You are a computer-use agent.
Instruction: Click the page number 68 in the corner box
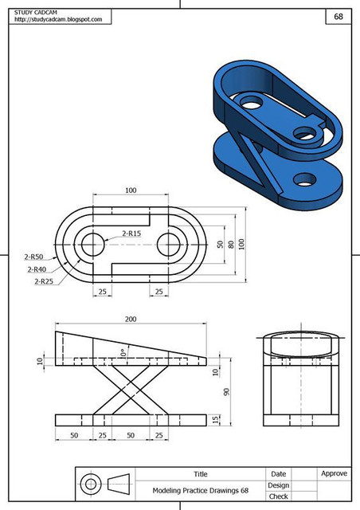pyautogui.click(x=338, y=16)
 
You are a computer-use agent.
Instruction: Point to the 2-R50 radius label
pyautogui.click(x=33, y=257)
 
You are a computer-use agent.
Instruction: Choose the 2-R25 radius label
pyautogui.click(x=44, y=281)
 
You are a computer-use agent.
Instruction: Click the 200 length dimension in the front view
pyautogui.click(x=131, y=319)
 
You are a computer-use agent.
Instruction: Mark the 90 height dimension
pyautogui.click(x=226, y=391)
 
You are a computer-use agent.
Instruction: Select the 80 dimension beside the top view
pyautogui.click(x=232, y=245)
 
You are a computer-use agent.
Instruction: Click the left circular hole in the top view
pyautogui.click(x=92, y=245)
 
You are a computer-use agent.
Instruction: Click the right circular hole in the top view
pyautogui.click(x=169, y=245)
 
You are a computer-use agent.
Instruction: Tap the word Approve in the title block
pyautogui.click(x=334, y=473)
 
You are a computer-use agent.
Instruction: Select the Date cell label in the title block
pyautogui.click(x=279, y=473)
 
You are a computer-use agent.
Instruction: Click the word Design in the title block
pyautogui.click(x=279, y=484)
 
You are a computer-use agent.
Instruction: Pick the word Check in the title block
pyautogui.click(x=279, y=496)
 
